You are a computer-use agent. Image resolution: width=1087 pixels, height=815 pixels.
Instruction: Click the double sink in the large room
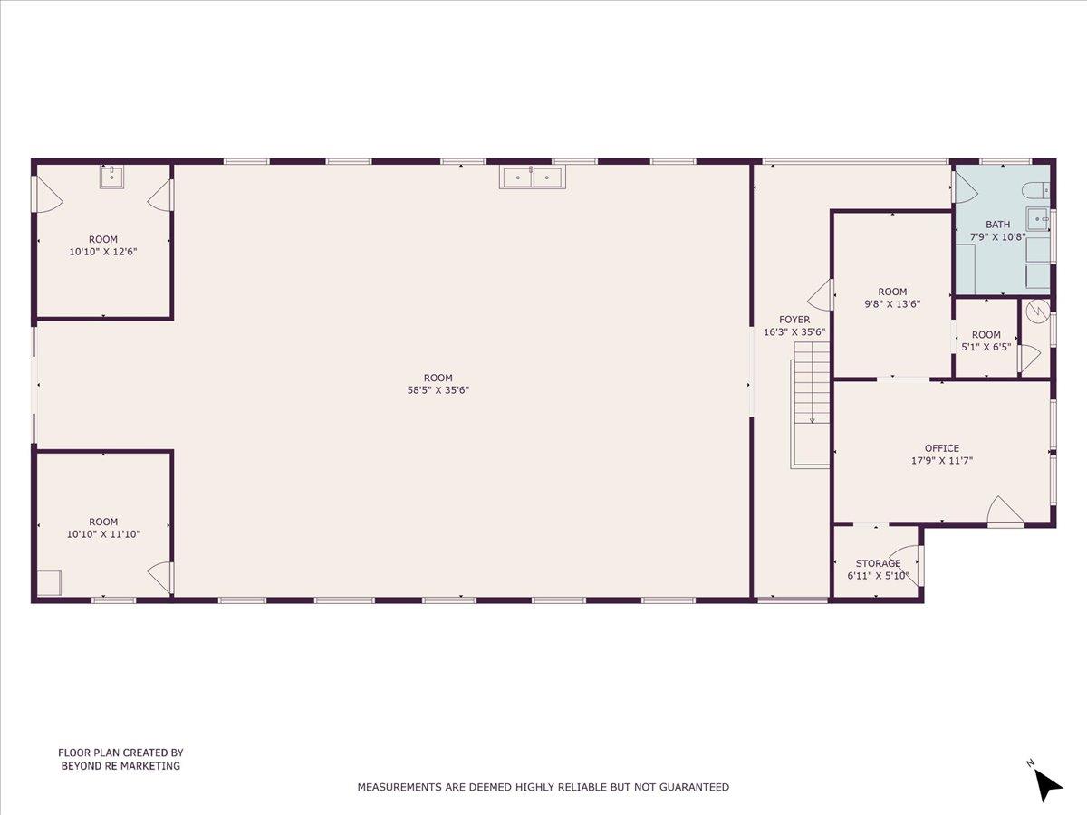click(533, 177)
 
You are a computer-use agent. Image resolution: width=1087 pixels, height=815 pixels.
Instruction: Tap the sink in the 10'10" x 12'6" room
click(112, 176)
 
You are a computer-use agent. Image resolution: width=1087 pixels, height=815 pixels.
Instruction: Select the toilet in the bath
click(1034, 190)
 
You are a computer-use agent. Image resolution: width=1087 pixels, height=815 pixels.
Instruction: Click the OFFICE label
click(941, 448)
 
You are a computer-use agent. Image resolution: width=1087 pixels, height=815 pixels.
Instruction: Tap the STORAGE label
click(878, 563)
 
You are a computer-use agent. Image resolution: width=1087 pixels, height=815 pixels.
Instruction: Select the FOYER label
click(794, 320)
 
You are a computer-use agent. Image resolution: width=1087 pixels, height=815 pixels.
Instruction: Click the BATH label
click(997, 225)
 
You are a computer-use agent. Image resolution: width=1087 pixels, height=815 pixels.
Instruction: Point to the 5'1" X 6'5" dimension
click(986, 346)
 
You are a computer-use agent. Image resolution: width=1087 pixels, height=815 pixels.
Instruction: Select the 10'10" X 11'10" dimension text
click(103, 534)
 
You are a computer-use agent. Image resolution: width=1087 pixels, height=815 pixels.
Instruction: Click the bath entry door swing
click(964, 188)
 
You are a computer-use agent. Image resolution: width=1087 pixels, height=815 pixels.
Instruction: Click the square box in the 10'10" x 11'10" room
click(49, 582)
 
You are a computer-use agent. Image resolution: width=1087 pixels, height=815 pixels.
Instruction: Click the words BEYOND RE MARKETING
click(120, 765)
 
